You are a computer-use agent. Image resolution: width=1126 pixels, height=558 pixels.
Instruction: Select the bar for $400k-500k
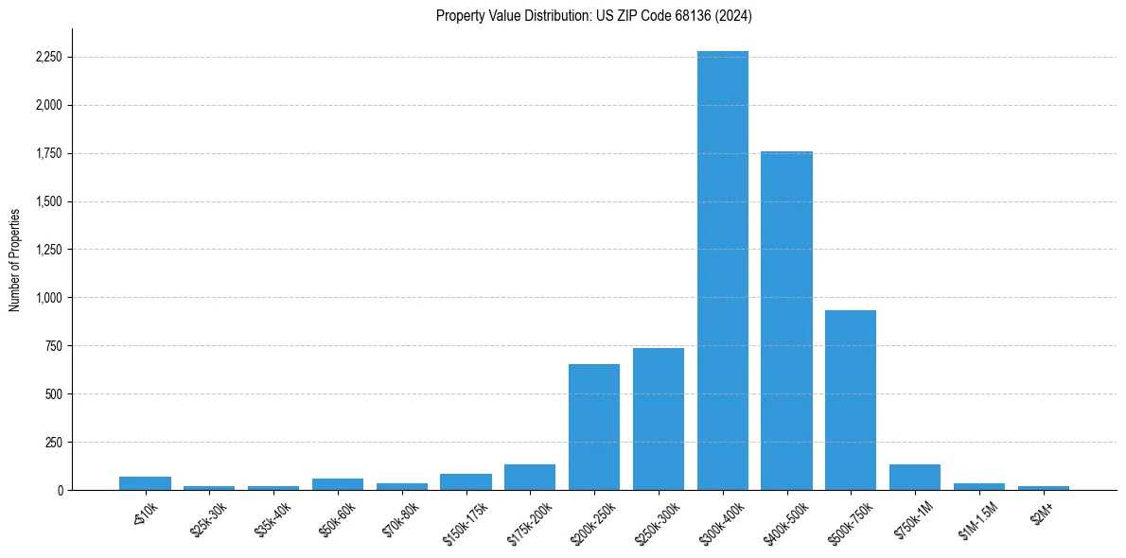click(x=786, y=321)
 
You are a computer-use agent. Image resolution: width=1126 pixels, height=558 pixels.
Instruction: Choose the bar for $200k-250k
click(x=594, y=427)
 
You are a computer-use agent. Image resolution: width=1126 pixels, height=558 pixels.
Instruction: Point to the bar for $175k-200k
click(x=530, y=478)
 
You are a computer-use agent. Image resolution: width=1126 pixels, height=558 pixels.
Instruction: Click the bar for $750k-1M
click(x=915, y=478)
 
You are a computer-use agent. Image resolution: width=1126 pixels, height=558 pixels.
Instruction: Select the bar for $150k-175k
click(x=466, y=482)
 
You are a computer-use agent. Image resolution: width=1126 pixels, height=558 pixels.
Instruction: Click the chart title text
click(x=594, y=15)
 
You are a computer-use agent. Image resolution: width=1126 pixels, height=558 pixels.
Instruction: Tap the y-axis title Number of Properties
click(x=15, y=259)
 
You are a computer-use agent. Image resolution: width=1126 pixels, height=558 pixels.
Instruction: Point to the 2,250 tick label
click(x=48, y=57)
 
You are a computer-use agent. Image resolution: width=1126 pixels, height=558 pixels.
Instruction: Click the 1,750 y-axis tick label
click(x=48, y=153)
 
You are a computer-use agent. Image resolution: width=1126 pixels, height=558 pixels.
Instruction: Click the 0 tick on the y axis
click(x=60, y=490)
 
